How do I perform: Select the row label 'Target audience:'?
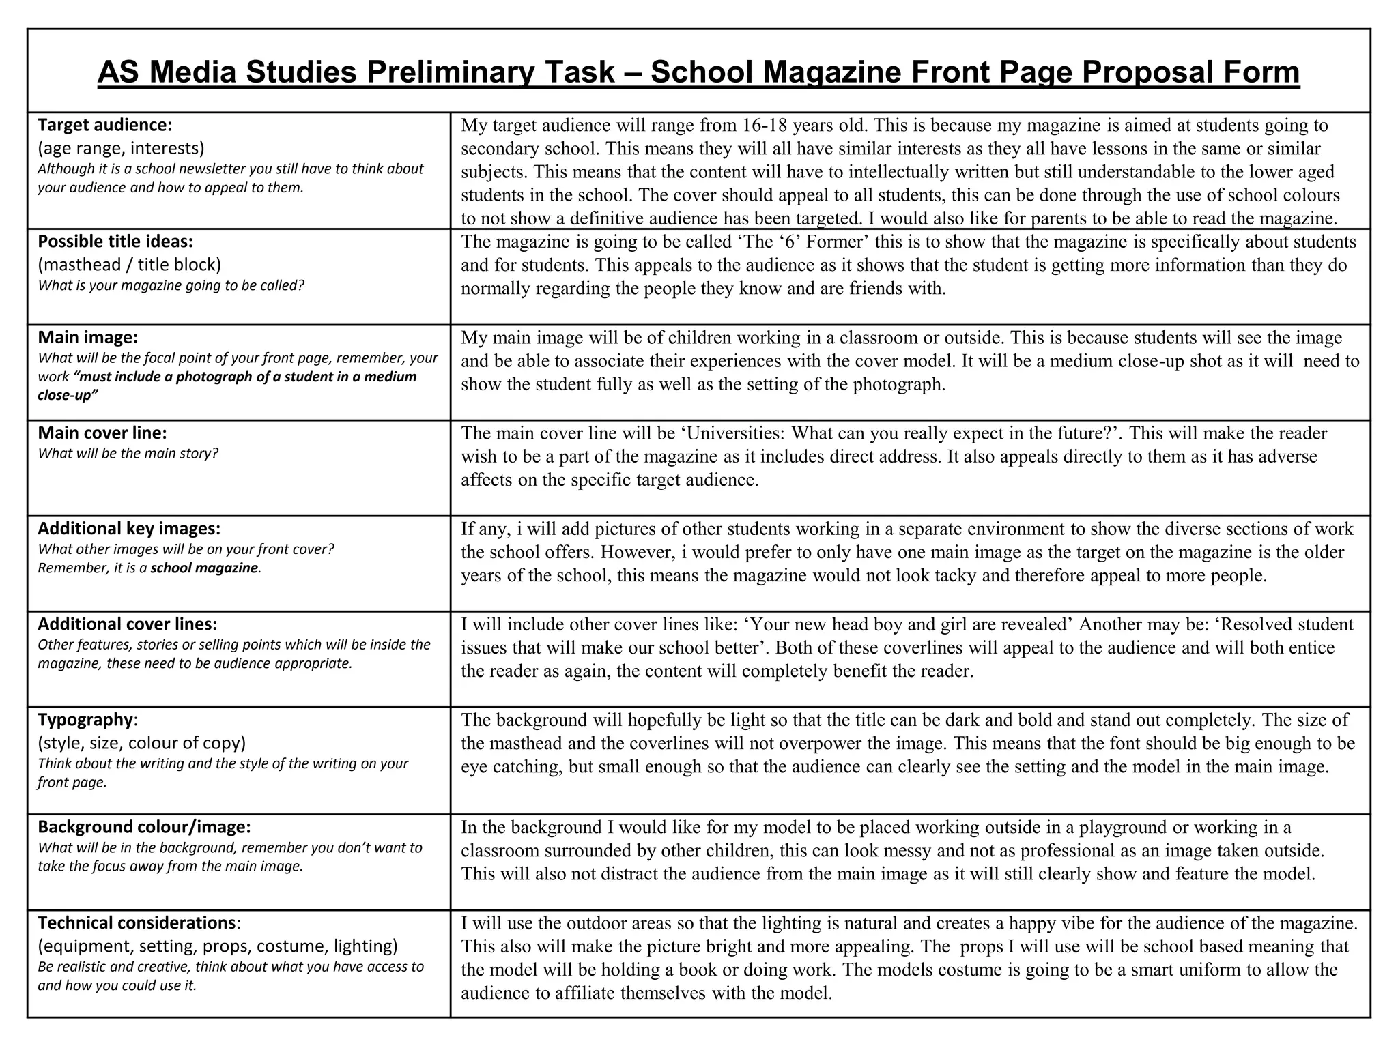click(x=104, y=126)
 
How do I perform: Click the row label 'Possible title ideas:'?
click(x=115, y=242)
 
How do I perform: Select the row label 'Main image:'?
click(x=87, y=338)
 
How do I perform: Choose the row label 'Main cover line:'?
click(x=102, y=433)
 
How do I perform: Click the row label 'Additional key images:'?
click(x=129, y=529)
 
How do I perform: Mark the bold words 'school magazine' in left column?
click(x=204, y=568)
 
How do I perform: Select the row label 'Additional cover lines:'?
click(x=127, y=624)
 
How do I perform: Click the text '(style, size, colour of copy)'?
click(x=141, y=743)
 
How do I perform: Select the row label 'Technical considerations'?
click(x=136, y=923)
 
